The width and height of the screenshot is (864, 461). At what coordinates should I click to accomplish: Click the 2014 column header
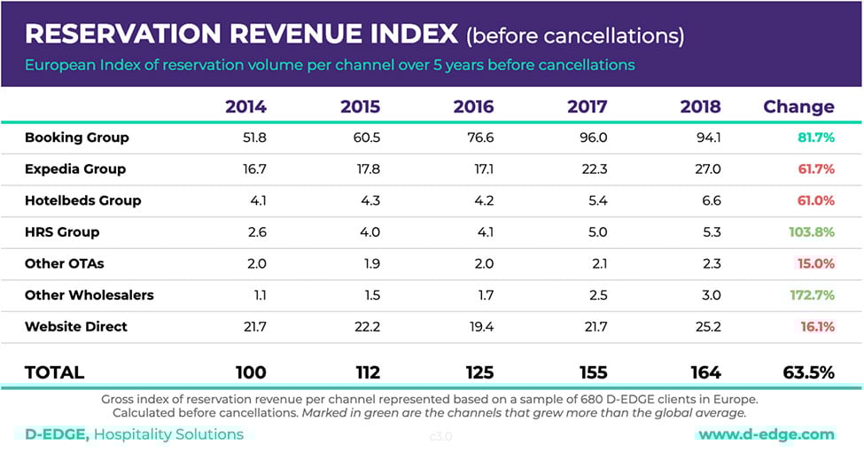coord(245,107)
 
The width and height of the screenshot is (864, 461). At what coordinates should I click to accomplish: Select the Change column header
coord(798,107)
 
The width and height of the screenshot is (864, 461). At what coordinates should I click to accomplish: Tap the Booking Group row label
coord(77,137)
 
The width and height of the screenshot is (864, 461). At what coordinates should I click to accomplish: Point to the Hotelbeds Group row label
coord(82,200)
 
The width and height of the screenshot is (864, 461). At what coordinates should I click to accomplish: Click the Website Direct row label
coord(76,326)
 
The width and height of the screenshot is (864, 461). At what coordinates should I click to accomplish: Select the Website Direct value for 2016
coord(480,326)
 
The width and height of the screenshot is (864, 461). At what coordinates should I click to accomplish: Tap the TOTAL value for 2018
coord(701,373)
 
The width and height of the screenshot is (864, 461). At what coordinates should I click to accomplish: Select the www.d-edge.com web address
coord(767,434)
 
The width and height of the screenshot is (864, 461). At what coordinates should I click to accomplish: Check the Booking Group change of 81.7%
coord(814,137)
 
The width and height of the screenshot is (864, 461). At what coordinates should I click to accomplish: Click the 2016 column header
coord(474,107)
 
